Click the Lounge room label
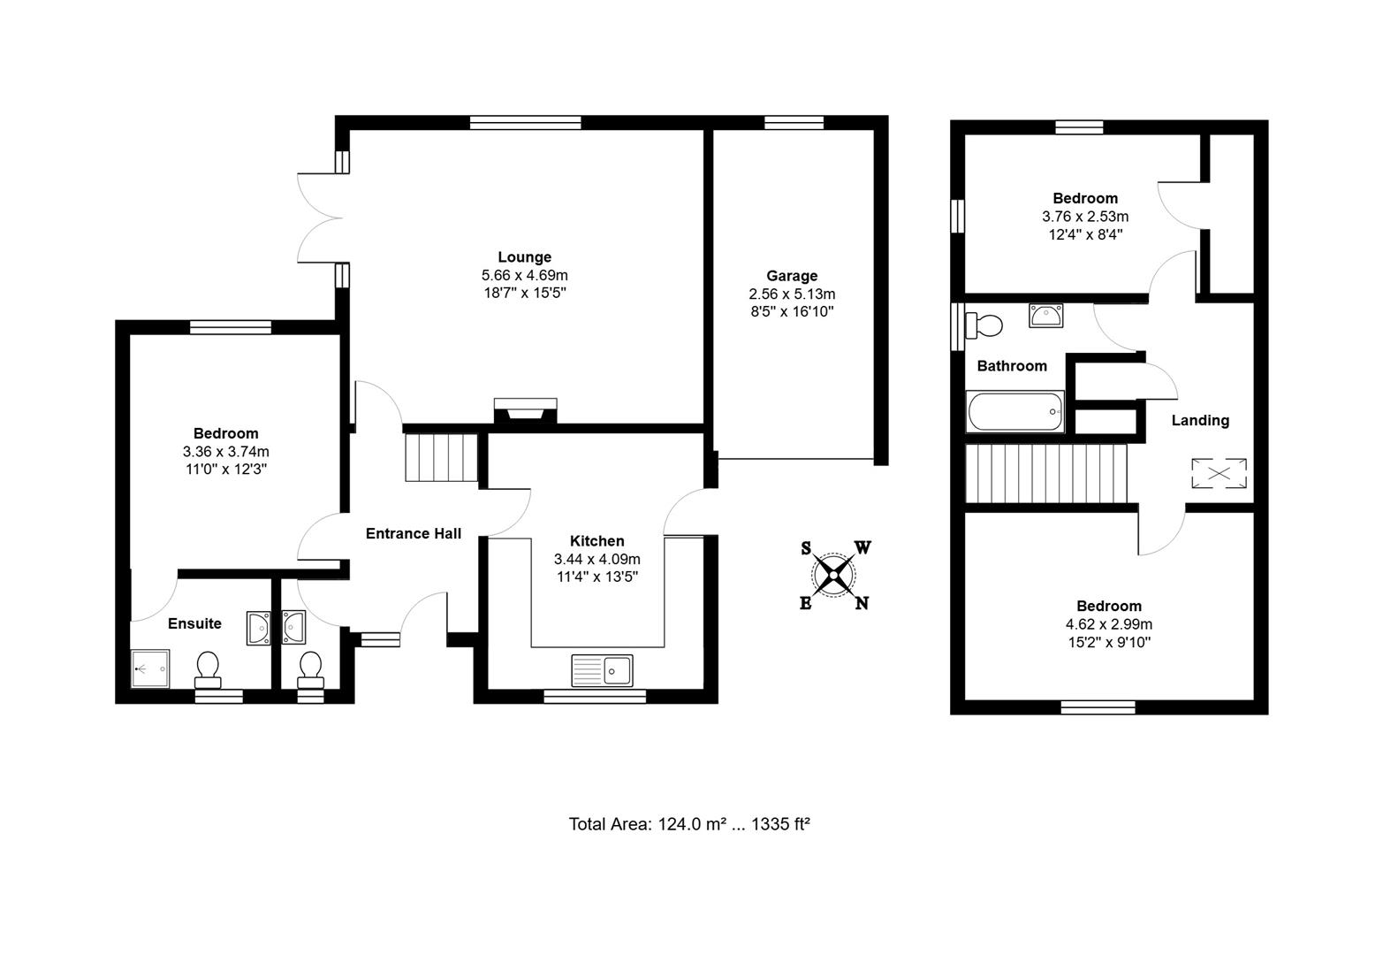[524, 257]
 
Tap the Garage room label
[792, 276]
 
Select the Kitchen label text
[597, 541]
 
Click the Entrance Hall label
[414, 533]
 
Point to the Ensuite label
[194, 623]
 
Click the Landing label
[1199, 420]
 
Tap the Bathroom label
[1011, 365]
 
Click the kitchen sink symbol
[602, 670]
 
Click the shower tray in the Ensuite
[150, 668]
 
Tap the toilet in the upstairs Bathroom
[984, 325]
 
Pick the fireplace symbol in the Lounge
[526, 411]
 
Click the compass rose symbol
[833, 575]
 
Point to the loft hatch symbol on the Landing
[1219, 473]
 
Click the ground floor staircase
[441, 456]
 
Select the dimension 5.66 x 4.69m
[524, 275]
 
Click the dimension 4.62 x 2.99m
[1108, 624]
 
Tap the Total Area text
[689, 824]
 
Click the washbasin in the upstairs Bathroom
[1047, 315]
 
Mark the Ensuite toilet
[209, 669]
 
